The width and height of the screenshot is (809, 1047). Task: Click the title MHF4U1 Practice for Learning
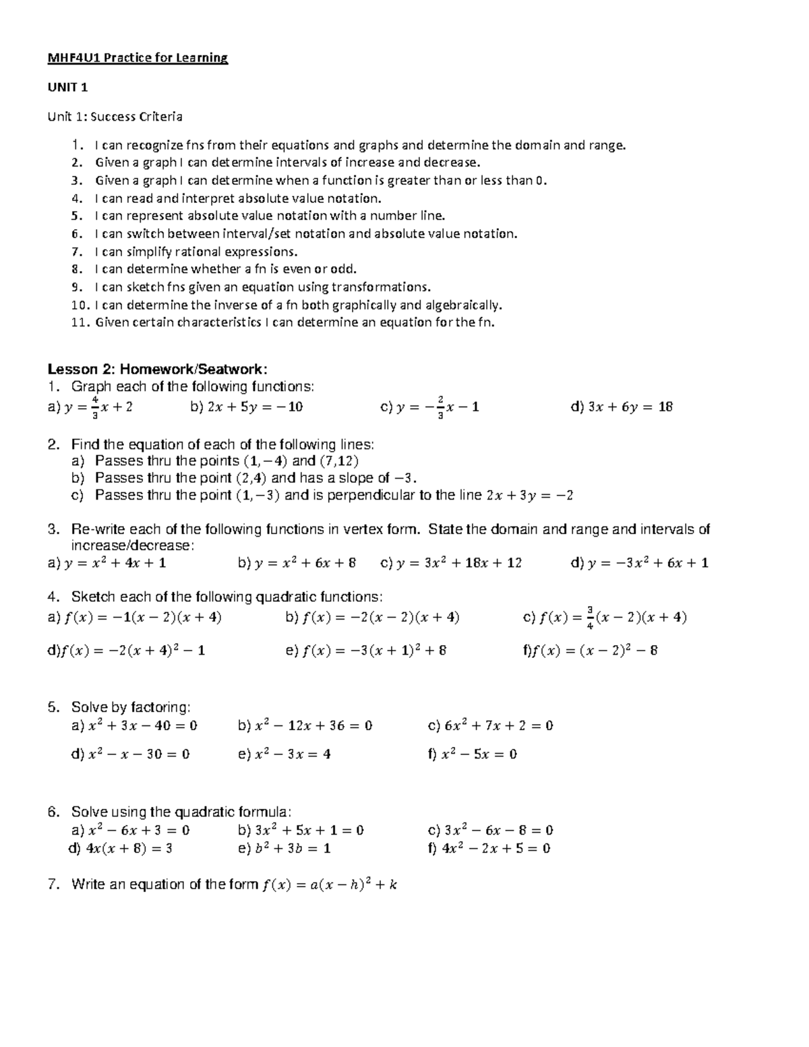point(138,58)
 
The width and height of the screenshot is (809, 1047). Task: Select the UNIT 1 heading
point(67,88)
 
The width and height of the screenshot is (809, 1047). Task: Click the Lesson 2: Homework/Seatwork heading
point(158,369)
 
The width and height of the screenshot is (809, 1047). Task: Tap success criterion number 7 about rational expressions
point(196,251)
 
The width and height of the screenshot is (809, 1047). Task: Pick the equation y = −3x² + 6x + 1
point(648,563)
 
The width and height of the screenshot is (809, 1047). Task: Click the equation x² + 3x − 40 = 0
point(143,726)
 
